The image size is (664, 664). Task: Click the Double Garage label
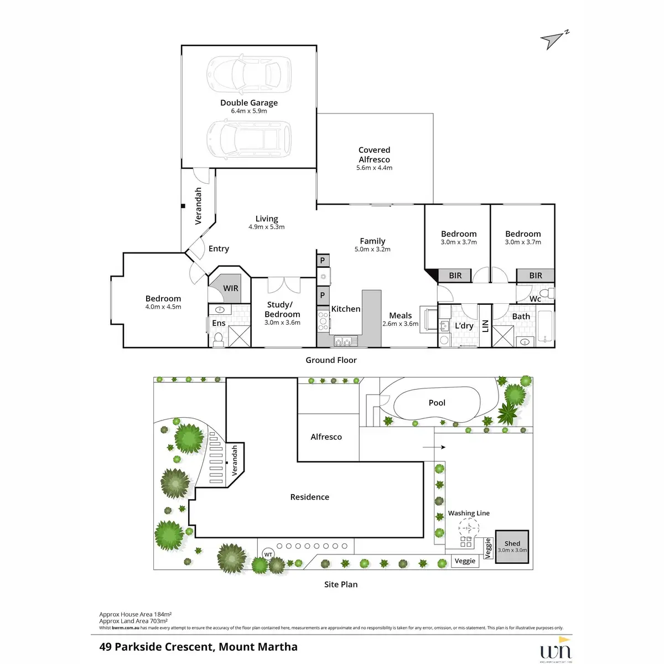(x=249, y=102)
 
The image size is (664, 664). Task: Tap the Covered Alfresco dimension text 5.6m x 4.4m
(x=374, y=168)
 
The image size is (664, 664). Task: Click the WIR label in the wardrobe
(x=231, y=288)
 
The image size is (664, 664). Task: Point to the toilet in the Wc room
(x=545, y=293)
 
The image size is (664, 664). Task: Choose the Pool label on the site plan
(x=437, y=403)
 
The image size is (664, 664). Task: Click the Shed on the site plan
(x=512, y=547)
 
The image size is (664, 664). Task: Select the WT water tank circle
(x=268, y=554)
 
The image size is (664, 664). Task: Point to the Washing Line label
(x=469, y=513)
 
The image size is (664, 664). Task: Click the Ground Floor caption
(x=331, y=360)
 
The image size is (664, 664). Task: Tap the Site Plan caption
(x=341, y=584)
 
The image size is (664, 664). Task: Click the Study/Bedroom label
(x=282, y=309)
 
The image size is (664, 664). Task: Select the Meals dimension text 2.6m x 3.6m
(x=400, y=324)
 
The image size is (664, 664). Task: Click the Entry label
(x=219, y=249)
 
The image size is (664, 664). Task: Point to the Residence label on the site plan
(x=309, y=497)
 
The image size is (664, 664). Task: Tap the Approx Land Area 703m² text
(x=133, y=621)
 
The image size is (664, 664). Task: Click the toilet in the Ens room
(x=218, y=339)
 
